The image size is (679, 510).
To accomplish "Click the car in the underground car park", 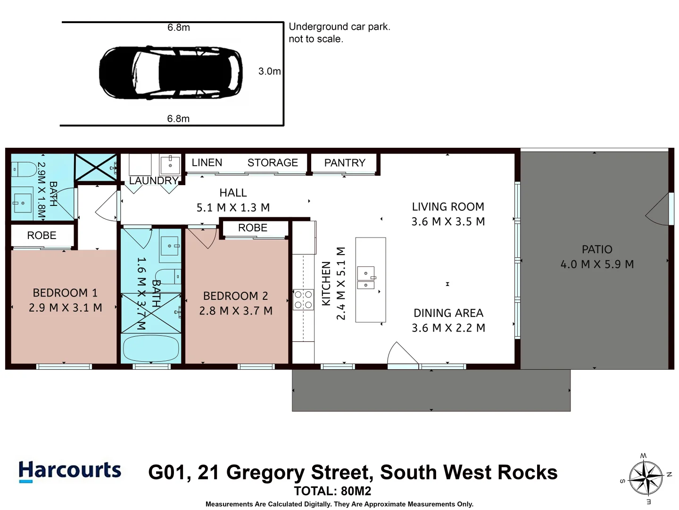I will pyautogui.click(x=171, y=73).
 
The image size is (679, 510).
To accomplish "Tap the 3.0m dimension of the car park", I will pyautogui.click(x=269, y=71).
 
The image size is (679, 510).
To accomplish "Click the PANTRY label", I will pyautogui.click(x=345, y=163).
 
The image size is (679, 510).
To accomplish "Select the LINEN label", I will pyautogui.click(x=207, y=162).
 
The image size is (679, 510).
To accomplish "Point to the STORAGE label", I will pyautogui.click(x=273, y=163).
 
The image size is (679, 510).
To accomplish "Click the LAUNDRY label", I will pyautogui.click(x=153, y=181).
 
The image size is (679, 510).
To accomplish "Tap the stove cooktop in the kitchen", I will pyautogui.click(x=303, y=299).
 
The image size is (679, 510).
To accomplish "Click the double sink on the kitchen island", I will pyautogui.click(x=366, y=279).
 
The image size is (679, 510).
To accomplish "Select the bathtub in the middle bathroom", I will pyautogui.click(x=151, y=349).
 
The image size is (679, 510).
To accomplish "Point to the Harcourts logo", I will pyautogui.click(x=70, y=471).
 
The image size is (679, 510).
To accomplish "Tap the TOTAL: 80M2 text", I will pyautogui.click(x=332, y=491).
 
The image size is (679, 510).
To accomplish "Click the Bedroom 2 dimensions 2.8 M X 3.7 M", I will pyautogui.click(x=236, y=311).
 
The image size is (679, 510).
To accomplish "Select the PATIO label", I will pyautogui.click(x=597, y=249).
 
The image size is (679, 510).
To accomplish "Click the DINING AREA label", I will pyautogui.click(x=448, y=313).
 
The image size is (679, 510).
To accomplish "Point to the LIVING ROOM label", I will pyautogui.click(x=448, y=207).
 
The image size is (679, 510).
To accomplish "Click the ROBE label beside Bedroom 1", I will pyautogui.click(x=41, y=235).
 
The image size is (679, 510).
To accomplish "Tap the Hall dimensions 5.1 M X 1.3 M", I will pyautogui.click(x=233, y=208).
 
